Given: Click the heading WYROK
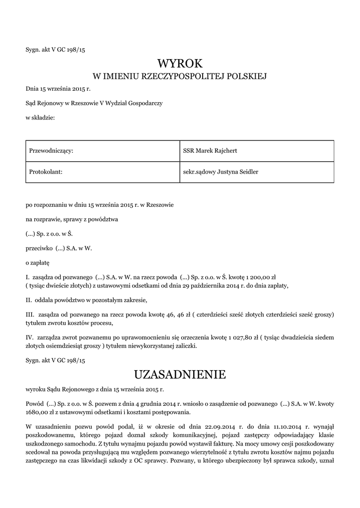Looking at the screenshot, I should (180, 63).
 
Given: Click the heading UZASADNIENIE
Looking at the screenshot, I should (180, 374).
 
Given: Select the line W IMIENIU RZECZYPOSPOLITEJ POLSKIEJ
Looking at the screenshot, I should (180, 76).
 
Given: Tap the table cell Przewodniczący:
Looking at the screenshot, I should (52, 150).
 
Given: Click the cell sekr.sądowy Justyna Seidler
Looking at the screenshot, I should (220, 172).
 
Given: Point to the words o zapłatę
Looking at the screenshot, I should (38, 261).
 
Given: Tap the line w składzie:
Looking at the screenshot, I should (40, 117).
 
